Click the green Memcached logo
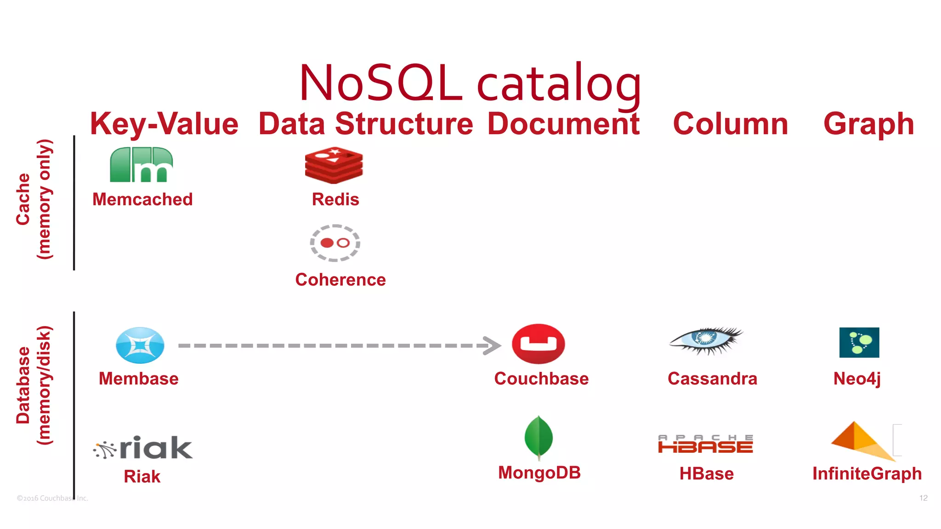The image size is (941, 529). (x=142, y=165)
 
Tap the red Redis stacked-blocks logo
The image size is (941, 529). (x=334, y=165)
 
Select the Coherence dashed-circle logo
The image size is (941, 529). (x=335, y=243)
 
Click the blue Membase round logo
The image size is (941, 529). (x=140, y=345)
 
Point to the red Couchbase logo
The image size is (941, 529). (x=539, y=344)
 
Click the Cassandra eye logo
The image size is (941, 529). (x=706, y=340)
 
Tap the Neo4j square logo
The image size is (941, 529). (x=859, y=343)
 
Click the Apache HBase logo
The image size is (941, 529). (x=705, y=444)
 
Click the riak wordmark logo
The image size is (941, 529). (x=143, y=448)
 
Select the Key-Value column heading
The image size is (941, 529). (x=164, y=124)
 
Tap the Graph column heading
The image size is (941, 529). (x=868, y=124)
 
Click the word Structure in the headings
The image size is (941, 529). (x=404, y=124)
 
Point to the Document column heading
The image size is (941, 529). (x=563, y=124)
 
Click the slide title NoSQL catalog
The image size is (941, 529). (x=470, y=84)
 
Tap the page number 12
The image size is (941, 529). (x=923, y=498)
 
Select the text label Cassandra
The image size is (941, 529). (x=712, y=379)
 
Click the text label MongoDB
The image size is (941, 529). (x=539, y=473)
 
